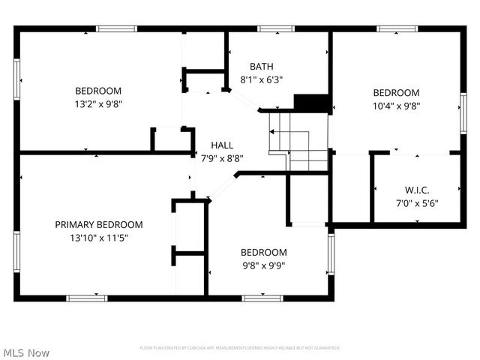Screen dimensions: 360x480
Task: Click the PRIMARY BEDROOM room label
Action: (x=98, y=224)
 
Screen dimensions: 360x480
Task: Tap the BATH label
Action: (x=261, y=67)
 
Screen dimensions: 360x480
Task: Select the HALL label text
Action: (x=221, y=145)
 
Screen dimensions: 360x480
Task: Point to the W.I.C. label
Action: (x=416, y=190)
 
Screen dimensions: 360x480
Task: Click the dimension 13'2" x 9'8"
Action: (x=98, y=104)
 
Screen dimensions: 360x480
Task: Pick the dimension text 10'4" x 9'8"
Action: (x=396, y=106)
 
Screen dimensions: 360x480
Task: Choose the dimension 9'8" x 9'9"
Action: (x=262, y=265)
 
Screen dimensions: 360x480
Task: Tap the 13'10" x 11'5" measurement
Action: (x=98, y=238)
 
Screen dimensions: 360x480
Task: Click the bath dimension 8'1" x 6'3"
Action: (x=261, y=79)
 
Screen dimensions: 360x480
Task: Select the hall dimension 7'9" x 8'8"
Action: (x=221, y=158)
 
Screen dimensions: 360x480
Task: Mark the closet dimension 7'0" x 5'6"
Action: (x=416, y=202)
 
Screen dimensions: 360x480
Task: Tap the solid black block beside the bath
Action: (x=311, y=103)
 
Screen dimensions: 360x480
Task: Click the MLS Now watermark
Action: (x=26, y=352)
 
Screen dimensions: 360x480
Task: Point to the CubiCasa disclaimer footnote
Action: (x=240, y=348)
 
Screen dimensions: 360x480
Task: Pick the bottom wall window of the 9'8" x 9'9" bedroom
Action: (x=262, y=298)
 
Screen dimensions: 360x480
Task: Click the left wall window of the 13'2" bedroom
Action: (x=16, y=79)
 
